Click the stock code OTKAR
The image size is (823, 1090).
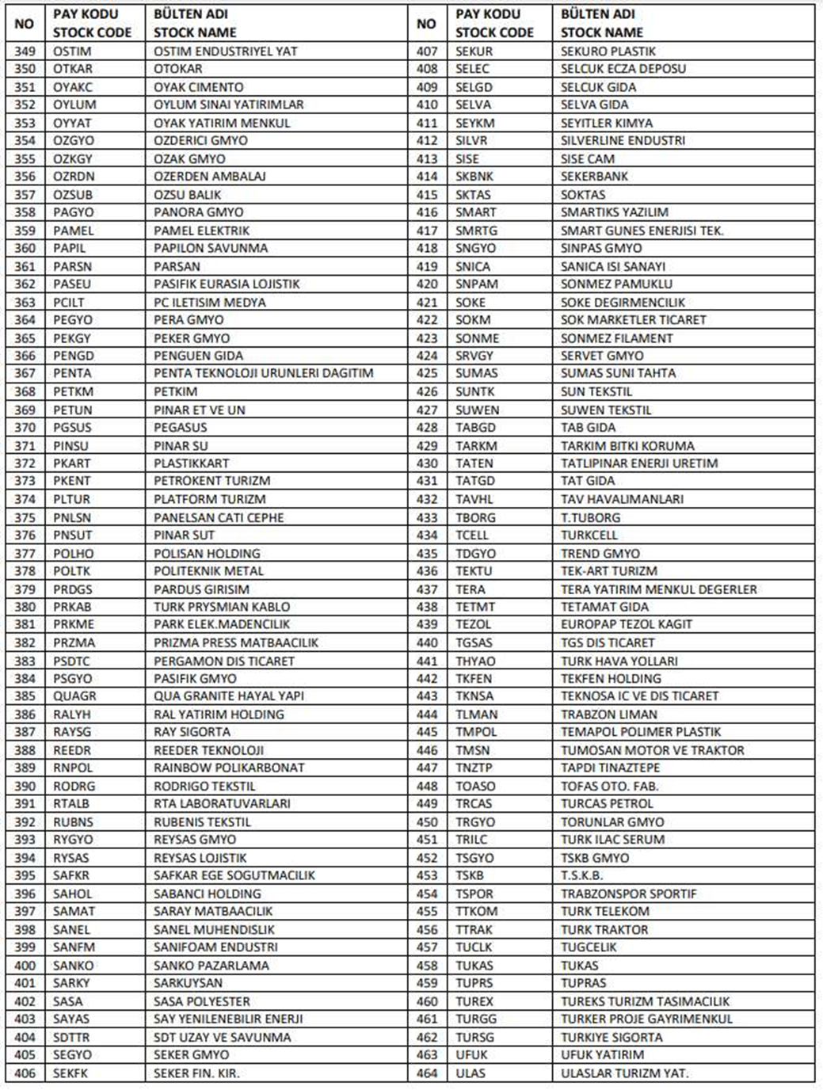click(x=73, y=69)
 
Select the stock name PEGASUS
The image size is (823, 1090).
click(x=180, y=428)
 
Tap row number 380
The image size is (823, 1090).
click(x=25, y=607)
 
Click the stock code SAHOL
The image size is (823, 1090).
click(x=73, y=894)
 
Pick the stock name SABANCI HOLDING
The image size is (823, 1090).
click(x=207, y=894)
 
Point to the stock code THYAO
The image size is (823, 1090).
click(x=475, y=661)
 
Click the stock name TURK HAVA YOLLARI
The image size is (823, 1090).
click(x=619, y=661)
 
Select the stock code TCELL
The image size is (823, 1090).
click(x=472, y=535)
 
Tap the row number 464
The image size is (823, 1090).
click(x=427, y=1073)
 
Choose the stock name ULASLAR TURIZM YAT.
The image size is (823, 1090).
click(x=624, y=1073)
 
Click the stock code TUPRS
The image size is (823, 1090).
click(x=474, y=983)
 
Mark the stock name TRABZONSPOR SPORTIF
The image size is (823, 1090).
click(x=628, y=894)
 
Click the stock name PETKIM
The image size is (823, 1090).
click(x=175, y=392)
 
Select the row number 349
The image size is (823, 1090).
click(x=25, y=51)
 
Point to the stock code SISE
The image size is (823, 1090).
click(x=467, y=158)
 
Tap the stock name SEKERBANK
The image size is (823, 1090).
click(x=594, y=177)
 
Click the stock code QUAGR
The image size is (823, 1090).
click(x=74, y=696)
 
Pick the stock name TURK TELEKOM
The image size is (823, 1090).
click(x=604, y=912)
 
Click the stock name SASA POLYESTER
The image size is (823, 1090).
click(x=201, y=1001)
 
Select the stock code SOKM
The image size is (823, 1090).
click(x=473, y=320)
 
